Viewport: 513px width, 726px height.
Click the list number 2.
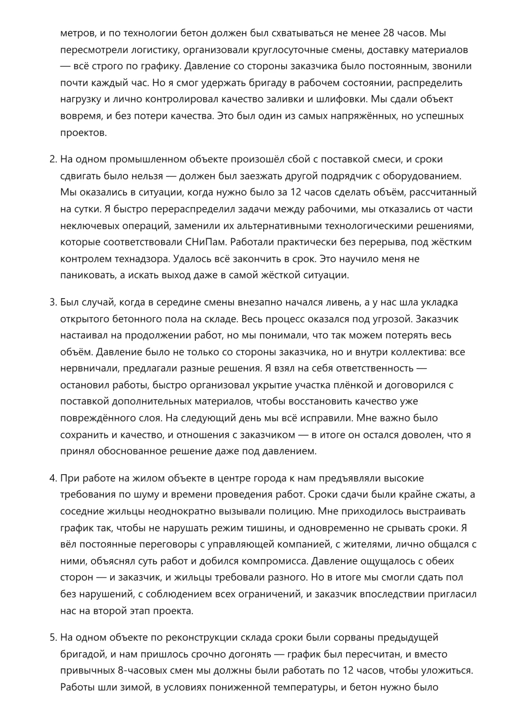coord(53,159)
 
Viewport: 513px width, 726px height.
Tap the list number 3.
coord(53,302)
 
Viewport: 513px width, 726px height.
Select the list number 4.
coord(53,478)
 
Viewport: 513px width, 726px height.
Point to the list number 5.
coord(53,638)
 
